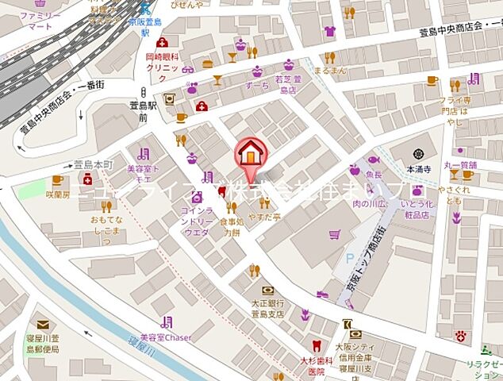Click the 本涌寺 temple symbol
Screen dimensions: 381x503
(x=419, y=153)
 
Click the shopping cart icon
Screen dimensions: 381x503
(x=334, y=234)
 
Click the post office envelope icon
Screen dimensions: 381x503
(x=41, y=325)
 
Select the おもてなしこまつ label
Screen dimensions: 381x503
(x=106, y=225)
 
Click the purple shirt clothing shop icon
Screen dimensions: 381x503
(x=329, y=32)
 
